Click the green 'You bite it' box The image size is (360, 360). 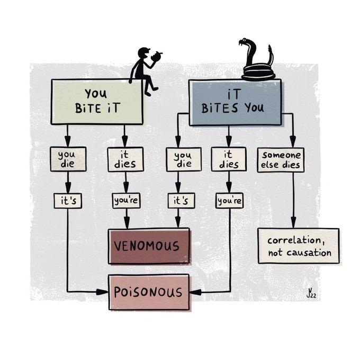pyautogui.click(x=97, y=102)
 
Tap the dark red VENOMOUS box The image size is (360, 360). pyautogui.click(x=149, y=246)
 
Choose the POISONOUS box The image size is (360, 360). pyautogui.click(x=149, y=292)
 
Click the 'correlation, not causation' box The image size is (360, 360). pyautogui.click(x=299, y=246)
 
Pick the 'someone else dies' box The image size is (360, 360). pyautogui.click(x=281, y=160)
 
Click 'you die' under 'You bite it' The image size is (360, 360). pyautogui.click(x=67, y=159)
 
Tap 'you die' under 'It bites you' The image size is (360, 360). pyautogui.click(x=183, y=159)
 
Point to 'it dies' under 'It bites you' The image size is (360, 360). pyautogui.click(x=229, y=159)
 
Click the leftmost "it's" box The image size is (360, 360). pyautogui.click(x=67, y=201)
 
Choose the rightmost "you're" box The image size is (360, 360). pyautogui.click(x=229, y=201)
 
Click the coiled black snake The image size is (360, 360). pyautogui.click(x=258, y=66)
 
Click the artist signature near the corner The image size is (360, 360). pyautogui.click(x=311, y=292)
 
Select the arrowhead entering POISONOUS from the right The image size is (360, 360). pyautogui.click(x=192, y=292)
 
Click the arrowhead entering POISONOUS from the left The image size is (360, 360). pyautogui.click(x=105, y=292)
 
